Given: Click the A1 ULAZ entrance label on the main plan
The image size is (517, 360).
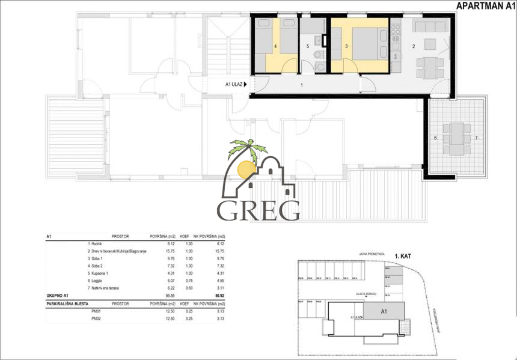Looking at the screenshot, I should (234, 85).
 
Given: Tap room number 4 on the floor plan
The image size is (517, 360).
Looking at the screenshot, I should (275, 46).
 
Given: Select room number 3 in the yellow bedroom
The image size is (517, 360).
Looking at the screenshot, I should (347, 46).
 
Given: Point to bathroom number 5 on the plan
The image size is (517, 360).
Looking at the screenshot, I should (307, 46).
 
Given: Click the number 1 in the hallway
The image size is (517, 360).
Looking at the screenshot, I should (302, 85).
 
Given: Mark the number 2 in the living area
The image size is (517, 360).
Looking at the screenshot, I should (414, 46).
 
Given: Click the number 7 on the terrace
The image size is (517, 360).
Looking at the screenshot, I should (476, 138).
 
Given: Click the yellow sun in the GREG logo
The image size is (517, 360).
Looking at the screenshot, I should (246, 169).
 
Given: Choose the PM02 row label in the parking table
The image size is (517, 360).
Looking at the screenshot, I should (95, 319).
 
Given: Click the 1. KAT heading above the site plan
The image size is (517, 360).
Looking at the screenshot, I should (405, 255).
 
